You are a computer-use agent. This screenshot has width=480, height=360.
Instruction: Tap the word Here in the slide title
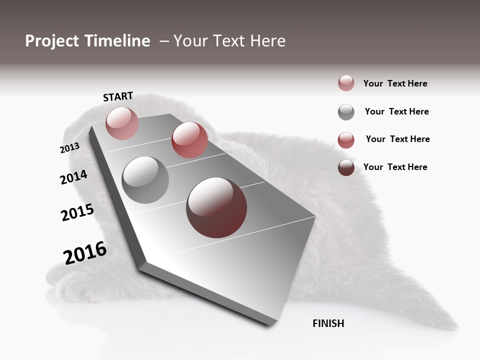[x=267, y=41]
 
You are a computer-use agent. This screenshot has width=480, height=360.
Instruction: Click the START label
[x=118, y=96]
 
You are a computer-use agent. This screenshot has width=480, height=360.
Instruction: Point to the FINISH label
[x=328, y=323]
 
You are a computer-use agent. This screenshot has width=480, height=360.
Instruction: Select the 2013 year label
[x=69, y=148]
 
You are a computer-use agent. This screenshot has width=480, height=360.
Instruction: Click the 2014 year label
[x=73, y=177]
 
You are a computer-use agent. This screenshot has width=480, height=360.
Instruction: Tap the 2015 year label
[x=77, y=212]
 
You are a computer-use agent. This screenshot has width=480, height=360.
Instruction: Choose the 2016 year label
[x=85, y=253]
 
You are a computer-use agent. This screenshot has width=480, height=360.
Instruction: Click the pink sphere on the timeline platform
[x=122, y=123]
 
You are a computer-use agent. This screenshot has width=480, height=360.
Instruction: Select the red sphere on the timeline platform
[x=189, y=140]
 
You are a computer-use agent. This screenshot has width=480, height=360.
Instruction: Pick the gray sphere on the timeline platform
[x=145, y=180]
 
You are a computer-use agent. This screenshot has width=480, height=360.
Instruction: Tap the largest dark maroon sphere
[x=216, y=207]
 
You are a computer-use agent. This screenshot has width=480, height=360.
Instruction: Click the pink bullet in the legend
[x=346, y=83]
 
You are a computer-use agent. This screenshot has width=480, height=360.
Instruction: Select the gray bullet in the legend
[x=346, y=112]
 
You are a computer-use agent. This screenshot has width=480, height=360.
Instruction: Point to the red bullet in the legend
[x=346, y=140]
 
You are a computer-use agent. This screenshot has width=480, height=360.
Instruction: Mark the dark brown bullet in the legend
[x=346, y=167]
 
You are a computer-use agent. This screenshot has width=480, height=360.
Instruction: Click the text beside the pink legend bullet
[x=395, y=83]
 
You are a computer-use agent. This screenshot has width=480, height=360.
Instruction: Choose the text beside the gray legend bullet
[x=396, y=111]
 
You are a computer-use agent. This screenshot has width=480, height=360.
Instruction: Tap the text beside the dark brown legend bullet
[x=395, y=167]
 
